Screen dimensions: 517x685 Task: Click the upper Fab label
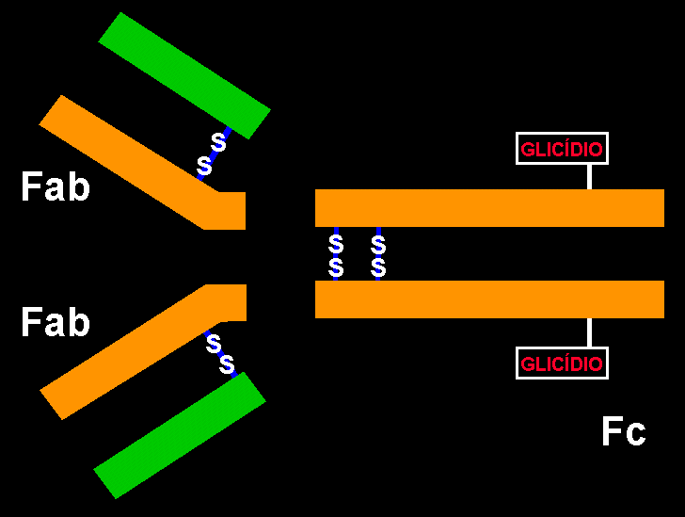(56, 188)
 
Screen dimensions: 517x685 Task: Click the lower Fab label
(56, 323)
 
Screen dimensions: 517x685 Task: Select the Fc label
(623, 431)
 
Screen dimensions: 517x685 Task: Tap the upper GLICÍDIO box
(562, 149)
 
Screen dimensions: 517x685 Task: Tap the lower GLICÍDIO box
(562, 363)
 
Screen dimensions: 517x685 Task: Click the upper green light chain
(184, 75)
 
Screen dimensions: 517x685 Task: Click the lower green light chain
(180, 435)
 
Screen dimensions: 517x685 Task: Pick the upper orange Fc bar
(489, 208)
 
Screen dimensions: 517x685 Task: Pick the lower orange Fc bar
(489, 299)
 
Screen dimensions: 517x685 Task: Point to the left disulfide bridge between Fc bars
(336, 254)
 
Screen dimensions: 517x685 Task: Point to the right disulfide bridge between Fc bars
(378, 254)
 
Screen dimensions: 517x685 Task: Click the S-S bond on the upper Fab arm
(212, 153)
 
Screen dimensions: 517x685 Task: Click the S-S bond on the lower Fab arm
(220, 353)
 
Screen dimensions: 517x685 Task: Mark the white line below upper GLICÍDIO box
(590, 177)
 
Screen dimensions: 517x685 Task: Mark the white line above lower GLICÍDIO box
(590, 332)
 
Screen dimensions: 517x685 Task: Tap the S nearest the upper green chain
(218, 142)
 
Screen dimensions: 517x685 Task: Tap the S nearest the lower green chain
(227, 364)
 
